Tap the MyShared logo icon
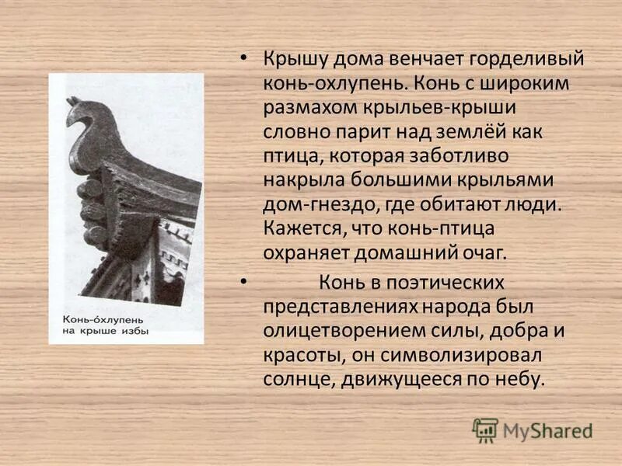(485, 429)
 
